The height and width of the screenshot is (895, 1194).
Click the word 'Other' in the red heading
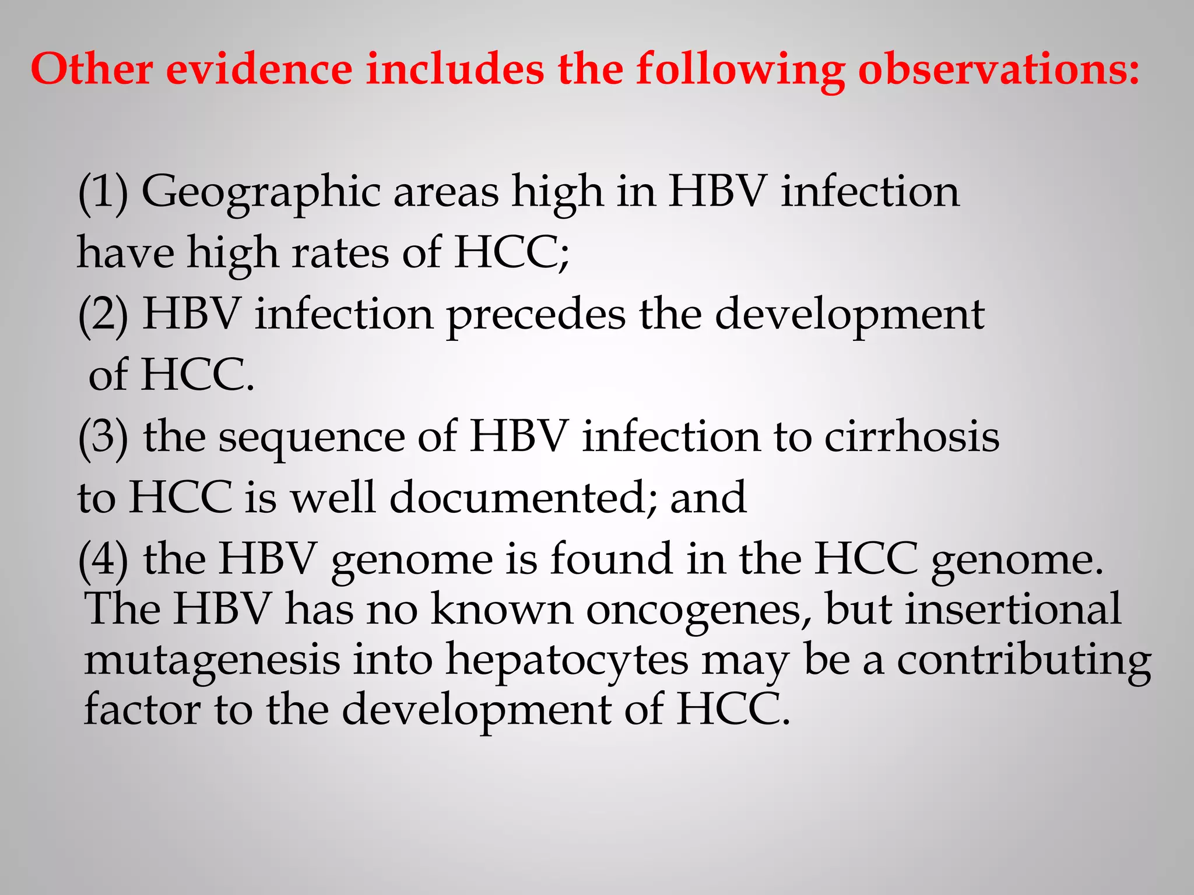tap(92, 69)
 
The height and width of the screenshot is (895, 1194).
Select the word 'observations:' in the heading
tap(998, 69)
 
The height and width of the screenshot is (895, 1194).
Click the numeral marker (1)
tap(103, 192)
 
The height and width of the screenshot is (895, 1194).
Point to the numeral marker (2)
tap(103, 315)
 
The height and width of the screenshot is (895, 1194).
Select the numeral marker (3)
tap(103, 437)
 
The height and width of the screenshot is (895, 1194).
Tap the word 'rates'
tap(340, 253)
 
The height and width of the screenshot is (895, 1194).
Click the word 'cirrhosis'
tap(912, 437)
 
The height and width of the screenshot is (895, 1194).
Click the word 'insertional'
tap(1013, 609)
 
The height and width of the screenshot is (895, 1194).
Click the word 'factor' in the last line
tap(142, 710)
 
